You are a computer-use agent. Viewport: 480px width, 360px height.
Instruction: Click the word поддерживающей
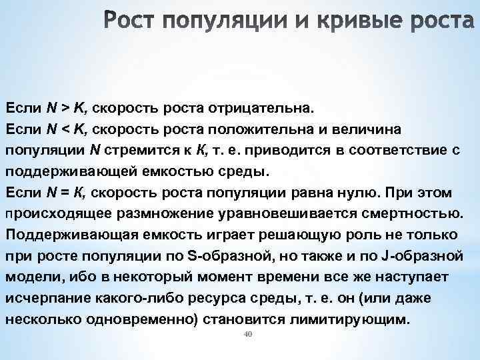pyautogui.click(x=69, y=171)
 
